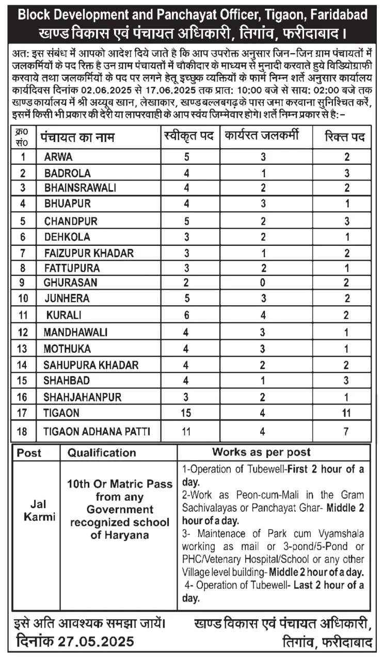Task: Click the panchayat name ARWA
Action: [58, 156]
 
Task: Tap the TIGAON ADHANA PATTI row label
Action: [97, 431]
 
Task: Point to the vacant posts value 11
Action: [347, 414]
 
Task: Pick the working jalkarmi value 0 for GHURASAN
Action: [263, 283]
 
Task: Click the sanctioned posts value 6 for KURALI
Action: [186, 314]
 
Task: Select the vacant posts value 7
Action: [347, 431]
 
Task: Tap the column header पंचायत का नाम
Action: [78, 137]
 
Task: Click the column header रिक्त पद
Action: [345, 137]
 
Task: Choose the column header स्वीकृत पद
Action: [188, 137]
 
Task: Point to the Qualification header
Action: [102, 453]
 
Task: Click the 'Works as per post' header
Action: [261, 452]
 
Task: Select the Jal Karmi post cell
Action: [39, 510]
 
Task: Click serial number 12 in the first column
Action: [23, 332]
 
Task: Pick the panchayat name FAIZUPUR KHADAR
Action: [89, 253]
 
